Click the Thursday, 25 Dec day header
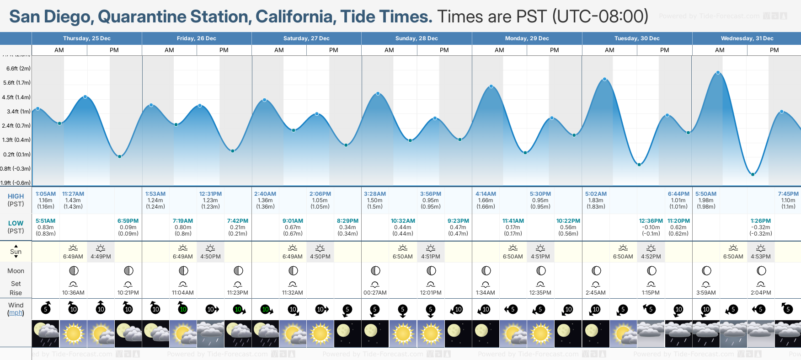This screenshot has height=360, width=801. coord(87,38)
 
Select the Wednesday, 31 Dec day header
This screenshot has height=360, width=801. coord(747,38)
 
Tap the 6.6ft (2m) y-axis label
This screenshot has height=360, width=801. coord(18,69)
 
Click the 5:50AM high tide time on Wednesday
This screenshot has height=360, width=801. coord(706,194)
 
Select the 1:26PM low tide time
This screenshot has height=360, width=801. coord(761,221)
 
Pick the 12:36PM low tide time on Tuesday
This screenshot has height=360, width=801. coord(651,221)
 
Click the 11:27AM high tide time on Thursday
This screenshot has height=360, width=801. coord(73,194)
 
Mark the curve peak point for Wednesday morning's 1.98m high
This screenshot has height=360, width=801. coord(718,73)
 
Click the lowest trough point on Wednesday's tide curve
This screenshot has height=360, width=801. coord(753,174)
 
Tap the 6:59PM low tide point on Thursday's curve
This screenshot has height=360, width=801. coord(119,156)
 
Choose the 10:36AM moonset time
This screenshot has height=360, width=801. coord(73,293)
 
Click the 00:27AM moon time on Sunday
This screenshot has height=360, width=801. coord(375,293)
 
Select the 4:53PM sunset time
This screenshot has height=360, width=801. coord(761,257)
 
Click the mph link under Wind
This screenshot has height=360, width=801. coord(16,313)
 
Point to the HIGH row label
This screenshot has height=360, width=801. coord(16,196)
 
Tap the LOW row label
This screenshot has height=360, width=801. coord(16,223)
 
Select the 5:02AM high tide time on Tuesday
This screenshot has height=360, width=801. coord(596,194)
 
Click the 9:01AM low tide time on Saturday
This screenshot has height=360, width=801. coord(293,221)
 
